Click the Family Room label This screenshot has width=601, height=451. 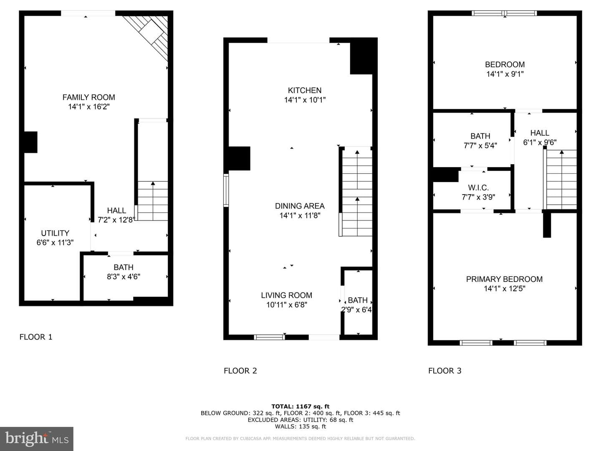click(x=89, y=97)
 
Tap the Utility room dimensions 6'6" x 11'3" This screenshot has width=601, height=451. click(x=55, y=242)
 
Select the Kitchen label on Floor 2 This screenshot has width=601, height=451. click(x=305, y=90)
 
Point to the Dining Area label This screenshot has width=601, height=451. click(x=300, y=206)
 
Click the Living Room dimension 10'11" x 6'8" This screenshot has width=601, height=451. click(x=287, y=304)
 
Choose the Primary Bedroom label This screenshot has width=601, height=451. click(x=504, y=279)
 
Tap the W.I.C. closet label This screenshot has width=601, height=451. click(x=478, y=187)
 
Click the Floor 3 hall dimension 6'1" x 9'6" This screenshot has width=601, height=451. click(x=540, y=142)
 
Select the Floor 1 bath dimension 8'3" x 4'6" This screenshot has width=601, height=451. click(x=124, y=276)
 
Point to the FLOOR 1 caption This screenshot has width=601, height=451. click(x=36, y=337)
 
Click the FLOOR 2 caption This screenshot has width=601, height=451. click(x=240, y=371)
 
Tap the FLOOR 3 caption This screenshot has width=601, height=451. click(x=445, y=371)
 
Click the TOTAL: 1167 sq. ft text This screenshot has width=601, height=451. click(x=300, y=406)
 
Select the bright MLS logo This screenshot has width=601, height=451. click(x=37, y=438)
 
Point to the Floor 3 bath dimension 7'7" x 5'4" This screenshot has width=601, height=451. click(x=480, y=145)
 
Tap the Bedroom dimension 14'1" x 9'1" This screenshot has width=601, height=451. click(x=505, y=74)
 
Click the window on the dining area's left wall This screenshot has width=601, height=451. click(x=226, y=190)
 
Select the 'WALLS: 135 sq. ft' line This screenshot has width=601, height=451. click(x=300, y=426)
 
